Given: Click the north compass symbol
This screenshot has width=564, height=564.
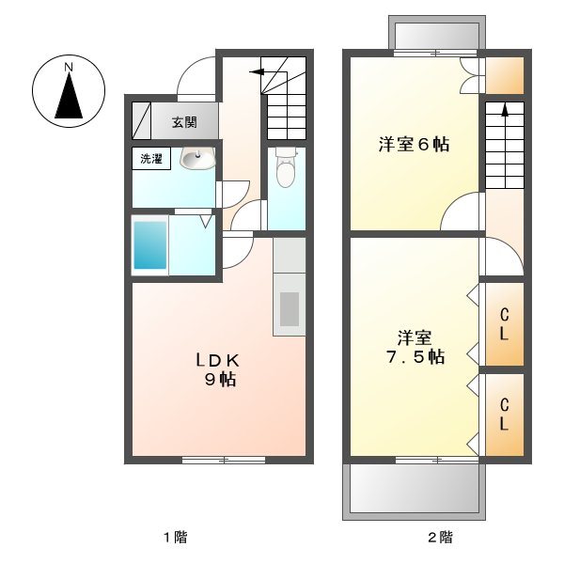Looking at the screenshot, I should click(x=69, y=89).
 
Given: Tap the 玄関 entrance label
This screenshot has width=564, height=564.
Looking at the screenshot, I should click(x=184, y=121).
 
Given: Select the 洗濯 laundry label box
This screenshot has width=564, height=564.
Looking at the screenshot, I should click(x=150, y=159).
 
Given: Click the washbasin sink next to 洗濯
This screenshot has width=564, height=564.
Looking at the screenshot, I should click(x=196, y=159).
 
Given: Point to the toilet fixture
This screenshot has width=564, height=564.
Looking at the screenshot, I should click(x=287, y=168).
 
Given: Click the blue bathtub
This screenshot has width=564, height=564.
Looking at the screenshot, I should click(x=149, y=244).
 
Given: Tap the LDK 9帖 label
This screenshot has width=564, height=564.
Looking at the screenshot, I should click(x=220, y=368).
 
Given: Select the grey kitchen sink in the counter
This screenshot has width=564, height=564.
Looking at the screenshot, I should click(x=290, y=309).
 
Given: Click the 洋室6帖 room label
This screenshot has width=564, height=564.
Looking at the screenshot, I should click(x=413, y=145).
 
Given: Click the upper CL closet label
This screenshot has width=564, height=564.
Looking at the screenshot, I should click(x=504, y=323).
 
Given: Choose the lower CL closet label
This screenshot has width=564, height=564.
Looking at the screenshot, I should click(x=504, y=415).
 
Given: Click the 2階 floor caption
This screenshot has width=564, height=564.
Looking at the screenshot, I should click(x=440, y=539).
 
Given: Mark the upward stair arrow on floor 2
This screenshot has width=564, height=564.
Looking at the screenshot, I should click(x=504, y=109).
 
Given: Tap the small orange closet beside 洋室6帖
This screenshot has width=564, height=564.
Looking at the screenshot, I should click(x=504, y=75).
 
